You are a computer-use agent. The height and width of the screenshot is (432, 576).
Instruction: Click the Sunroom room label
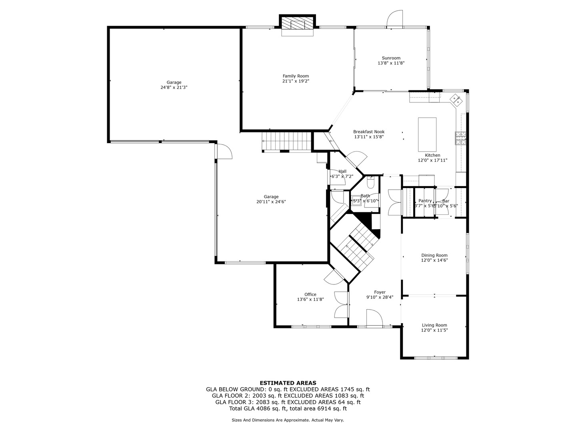391,58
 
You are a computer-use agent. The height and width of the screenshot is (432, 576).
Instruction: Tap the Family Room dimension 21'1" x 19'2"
296,81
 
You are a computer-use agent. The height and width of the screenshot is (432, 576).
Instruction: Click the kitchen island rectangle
427,128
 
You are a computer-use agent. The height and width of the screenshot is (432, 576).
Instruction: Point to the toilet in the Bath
370,183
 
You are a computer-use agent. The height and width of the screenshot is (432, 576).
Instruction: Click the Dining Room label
434,255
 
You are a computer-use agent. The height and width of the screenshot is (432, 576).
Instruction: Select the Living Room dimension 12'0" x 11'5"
434,330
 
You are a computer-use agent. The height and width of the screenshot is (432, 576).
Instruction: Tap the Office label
310,294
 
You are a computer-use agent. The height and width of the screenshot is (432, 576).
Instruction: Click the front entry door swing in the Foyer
375,318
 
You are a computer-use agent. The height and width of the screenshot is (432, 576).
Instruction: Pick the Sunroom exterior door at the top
395,18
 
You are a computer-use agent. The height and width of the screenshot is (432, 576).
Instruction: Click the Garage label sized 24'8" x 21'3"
174,82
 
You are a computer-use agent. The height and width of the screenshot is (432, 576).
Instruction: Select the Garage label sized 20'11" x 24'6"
271,197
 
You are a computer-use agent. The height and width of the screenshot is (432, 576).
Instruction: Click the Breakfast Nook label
368,132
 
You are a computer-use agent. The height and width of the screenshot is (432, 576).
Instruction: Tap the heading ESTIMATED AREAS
288,383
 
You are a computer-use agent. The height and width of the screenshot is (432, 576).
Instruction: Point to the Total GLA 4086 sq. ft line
288,409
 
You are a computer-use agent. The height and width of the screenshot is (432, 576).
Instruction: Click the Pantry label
425,201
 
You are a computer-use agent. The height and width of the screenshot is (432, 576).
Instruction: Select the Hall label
342,171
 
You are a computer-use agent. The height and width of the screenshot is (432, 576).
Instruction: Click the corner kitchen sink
456,99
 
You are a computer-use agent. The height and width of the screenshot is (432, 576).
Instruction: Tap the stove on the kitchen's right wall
460,138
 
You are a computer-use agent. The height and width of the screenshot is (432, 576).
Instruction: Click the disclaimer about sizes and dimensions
288,420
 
